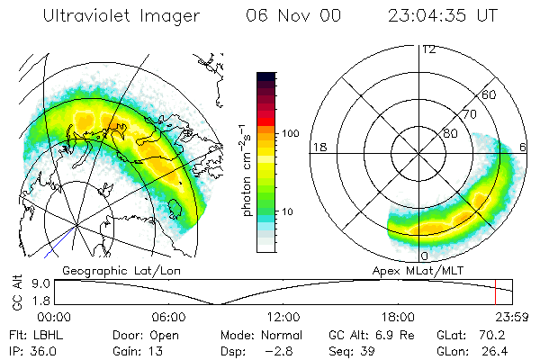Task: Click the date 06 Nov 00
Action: pyautogui.click(x=286, y=17)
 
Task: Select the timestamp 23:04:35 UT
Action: pyautogui.click(x=443, y=17)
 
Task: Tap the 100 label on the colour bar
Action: pyautogui.click(x=291, y=133)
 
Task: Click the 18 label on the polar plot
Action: pyautogui.click(x=318, y=147)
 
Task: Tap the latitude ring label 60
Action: pyautogui.click(x=490, y=94)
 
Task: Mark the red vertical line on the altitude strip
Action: pyautogui.click(x=495, y=292)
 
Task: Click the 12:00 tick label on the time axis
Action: pyautogui.click(x=283, y=316)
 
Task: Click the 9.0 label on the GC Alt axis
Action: pyautogui.click(x=28, y=283)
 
